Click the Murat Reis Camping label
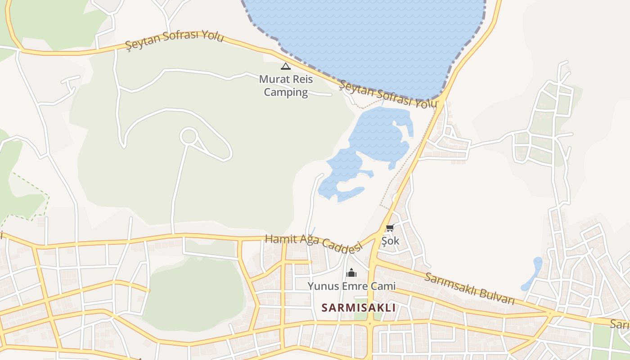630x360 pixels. click(286, 85)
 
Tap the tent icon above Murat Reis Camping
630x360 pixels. click(285, 67)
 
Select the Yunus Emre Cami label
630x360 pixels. click(351, 286)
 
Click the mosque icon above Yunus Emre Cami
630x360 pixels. click(351, 273)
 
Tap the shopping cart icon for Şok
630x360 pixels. click(390, 228)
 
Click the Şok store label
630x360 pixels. click(390, 241)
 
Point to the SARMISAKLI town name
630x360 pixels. click(359, 308)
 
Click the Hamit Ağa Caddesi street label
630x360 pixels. click(314, 243)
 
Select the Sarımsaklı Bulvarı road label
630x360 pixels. click(469, 288)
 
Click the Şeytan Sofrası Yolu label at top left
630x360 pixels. click(174, 40)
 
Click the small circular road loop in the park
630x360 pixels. click(189, 136)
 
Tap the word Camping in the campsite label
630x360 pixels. click(286, 92)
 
